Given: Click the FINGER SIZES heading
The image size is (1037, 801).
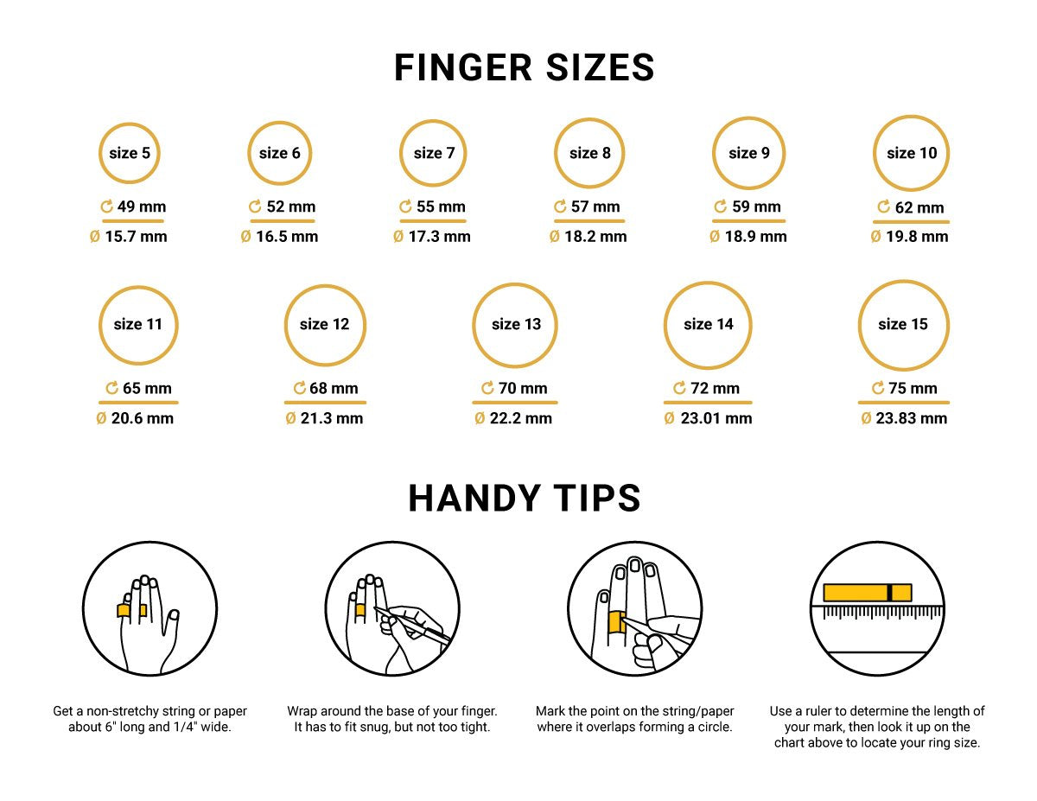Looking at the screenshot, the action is (x=524, y=67).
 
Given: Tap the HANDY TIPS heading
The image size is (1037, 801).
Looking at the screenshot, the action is (x=524, y=498).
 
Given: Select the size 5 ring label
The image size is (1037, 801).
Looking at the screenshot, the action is (x=130, y=153).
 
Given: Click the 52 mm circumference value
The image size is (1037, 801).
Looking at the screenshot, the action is (x=290, y=207).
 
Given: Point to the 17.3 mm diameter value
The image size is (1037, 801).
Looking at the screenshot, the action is (x=439, y=237).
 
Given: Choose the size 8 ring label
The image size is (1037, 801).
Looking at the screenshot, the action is (x=590, y=153).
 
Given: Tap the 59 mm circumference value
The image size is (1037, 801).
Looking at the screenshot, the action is (x=756, y=207).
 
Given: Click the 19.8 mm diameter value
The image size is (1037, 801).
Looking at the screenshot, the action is (x=917, y=237).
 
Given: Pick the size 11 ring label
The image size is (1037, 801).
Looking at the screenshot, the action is (x=138, y=324).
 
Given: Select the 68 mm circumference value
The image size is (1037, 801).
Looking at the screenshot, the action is (x=334, y=388).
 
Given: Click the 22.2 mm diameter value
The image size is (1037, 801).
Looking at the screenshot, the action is (x=520, y=418).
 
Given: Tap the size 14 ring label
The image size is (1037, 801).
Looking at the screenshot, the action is (x=709, y=324).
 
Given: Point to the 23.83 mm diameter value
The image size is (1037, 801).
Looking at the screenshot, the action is (x=911, y=418).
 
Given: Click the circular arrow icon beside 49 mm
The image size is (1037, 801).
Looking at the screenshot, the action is (x=106, y=207).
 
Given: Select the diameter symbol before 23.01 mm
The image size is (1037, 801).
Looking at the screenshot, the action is (x=669, y=418).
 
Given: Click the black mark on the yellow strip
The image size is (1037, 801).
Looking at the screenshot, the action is (x=889, y=593).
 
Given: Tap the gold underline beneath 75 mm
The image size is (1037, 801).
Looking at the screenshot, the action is (x=903, y=403).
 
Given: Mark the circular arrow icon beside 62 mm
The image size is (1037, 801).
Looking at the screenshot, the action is (x=883, y=207).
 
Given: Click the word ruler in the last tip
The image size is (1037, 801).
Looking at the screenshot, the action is (x=817, y=711).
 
